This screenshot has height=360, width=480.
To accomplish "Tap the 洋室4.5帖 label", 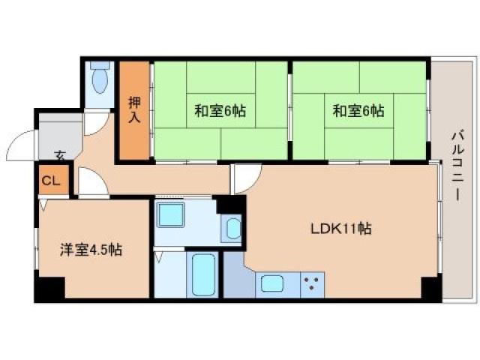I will pos(91,250).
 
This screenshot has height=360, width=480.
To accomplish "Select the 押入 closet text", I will pos(134,110).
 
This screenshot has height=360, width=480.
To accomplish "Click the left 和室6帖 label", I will pos(220,111).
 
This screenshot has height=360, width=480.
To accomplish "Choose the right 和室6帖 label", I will pos(358,111).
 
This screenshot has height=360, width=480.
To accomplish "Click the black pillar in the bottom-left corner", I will pos(49,289).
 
